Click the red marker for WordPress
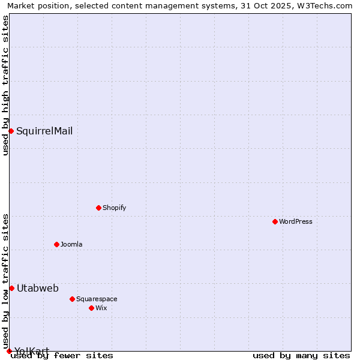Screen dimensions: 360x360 pyautogui.click(x=275, y=221)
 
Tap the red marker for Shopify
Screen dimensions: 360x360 pyautogui.click(x=98, y=208)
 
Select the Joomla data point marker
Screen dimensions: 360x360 pyautogui.click(x=56, y=244)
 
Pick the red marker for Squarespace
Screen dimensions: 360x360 pyautogui.click(x=72, y=299)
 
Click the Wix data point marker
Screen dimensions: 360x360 pyautogui.click(x=91, y=308)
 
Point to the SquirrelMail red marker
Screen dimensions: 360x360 pyautogui.click(x=11, y=131)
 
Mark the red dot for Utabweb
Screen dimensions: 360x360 pyautogui.click(x=11, y=288)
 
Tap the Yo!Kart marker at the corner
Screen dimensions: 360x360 pyautogui.click(x=9, y=351)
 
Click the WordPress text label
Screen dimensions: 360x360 pyautogui.click(x=296, y=221)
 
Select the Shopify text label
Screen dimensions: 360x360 pyautogui.click(x=114, y=208)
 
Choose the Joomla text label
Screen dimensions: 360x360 pyautogui.click(x=71, y=244)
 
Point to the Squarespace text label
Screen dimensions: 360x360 pyautogui.click(x=97, y=299)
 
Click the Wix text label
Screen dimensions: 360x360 pyautogui.click(x=101, y=308)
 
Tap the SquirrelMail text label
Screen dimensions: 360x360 pyautogui.click(x=44, y=131)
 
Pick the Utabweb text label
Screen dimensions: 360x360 pyautogui.click(x=38, y=288)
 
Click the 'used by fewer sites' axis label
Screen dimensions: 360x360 pyautogui.click(x=62, y=355)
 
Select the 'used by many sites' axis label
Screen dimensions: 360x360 pyautogui.click(x=301, y=355)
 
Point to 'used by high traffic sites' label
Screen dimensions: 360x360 pyautogui.click(x=5, y=85)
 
